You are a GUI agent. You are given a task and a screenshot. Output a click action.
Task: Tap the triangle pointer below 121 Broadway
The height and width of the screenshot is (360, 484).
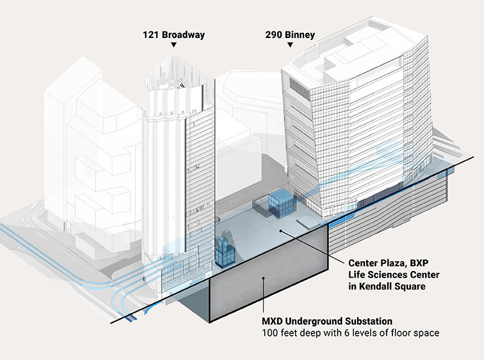(173, 45)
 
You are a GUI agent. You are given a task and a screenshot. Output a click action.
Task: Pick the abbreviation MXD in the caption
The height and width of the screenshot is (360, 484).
(274, 321)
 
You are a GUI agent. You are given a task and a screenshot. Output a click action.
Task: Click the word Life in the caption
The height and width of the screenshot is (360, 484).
(359, 274)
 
